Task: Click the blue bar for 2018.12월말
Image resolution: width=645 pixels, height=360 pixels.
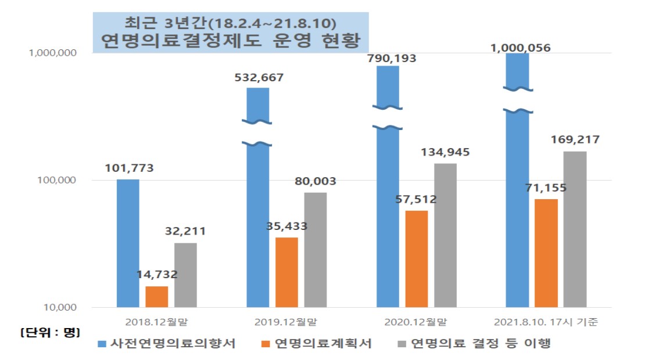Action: (128, 243)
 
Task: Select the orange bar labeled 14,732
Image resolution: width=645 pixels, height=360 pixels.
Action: (157, 297)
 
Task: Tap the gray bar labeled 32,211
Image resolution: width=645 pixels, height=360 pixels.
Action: (185, 275)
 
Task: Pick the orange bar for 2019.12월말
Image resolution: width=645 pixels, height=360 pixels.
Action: (286, 272)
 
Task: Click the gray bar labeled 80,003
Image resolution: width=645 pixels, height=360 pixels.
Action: (316, 250)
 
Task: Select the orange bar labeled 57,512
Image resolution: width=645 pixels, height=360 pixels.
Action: (416, 259)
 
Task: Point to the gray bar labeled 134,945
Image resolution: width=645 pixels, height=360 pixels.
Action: (445, 235)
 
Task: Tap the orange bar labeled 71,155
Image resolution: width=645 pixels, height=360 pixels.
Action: (546, 253)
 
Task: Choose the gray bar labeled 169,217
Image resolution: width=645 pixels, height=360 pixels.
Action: (575, 229)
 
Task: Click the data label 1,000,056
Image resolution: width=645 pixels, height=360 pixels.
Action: (521, 48)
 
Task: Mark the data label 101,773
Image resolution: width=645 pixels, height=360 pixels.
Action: (129, 168)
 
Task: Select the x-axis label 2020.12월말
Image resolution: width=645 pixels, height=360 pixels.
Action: (416, 321)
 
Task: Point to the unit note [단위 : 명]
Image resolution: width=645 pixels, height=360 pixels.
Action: (50, 333)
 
